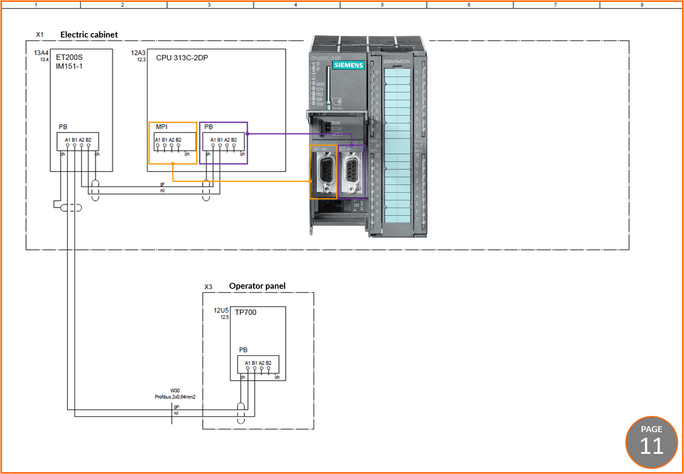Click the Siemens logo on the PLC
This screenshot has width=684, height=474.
coord(348,65)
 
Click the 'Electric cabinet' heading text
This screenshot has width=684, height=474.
coord(89,35)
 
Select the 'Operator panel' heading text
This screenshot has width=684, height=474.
coord(257,286)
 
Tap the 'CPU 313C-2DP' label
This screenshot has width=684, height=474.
coord(182,58)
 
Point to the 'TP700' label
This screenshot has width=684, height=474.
coord(245,312)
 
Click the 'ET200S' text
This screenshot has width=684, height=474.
coord(69,57)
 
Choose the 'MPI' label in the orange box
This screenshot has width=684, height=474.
coord(161,127)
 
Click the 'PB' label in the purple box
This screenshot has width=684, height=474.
coord(208,127)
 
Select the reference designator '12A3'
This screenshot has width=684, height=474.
coord(138,53)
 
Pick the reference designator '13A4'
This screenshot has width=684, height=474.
coord(41,53)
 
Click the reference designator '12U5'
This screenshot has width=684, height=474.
coord(221,310)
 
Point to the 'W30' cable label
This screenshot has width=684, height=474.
coord(175,391)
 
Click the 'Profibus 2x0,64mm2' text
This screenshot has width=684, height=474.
coord(175,397)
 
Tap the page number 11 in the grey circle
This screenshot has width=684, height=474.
coord(651,446)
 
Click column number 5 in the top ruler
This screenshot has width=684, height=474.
coord(382,5)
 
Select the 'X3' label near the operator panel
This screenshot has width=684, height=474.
coord(208,287)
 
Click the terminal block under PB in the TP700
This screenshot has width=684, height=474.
coord(258,365)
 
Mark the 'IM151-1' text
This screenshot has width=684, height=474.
coord(69,66)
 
